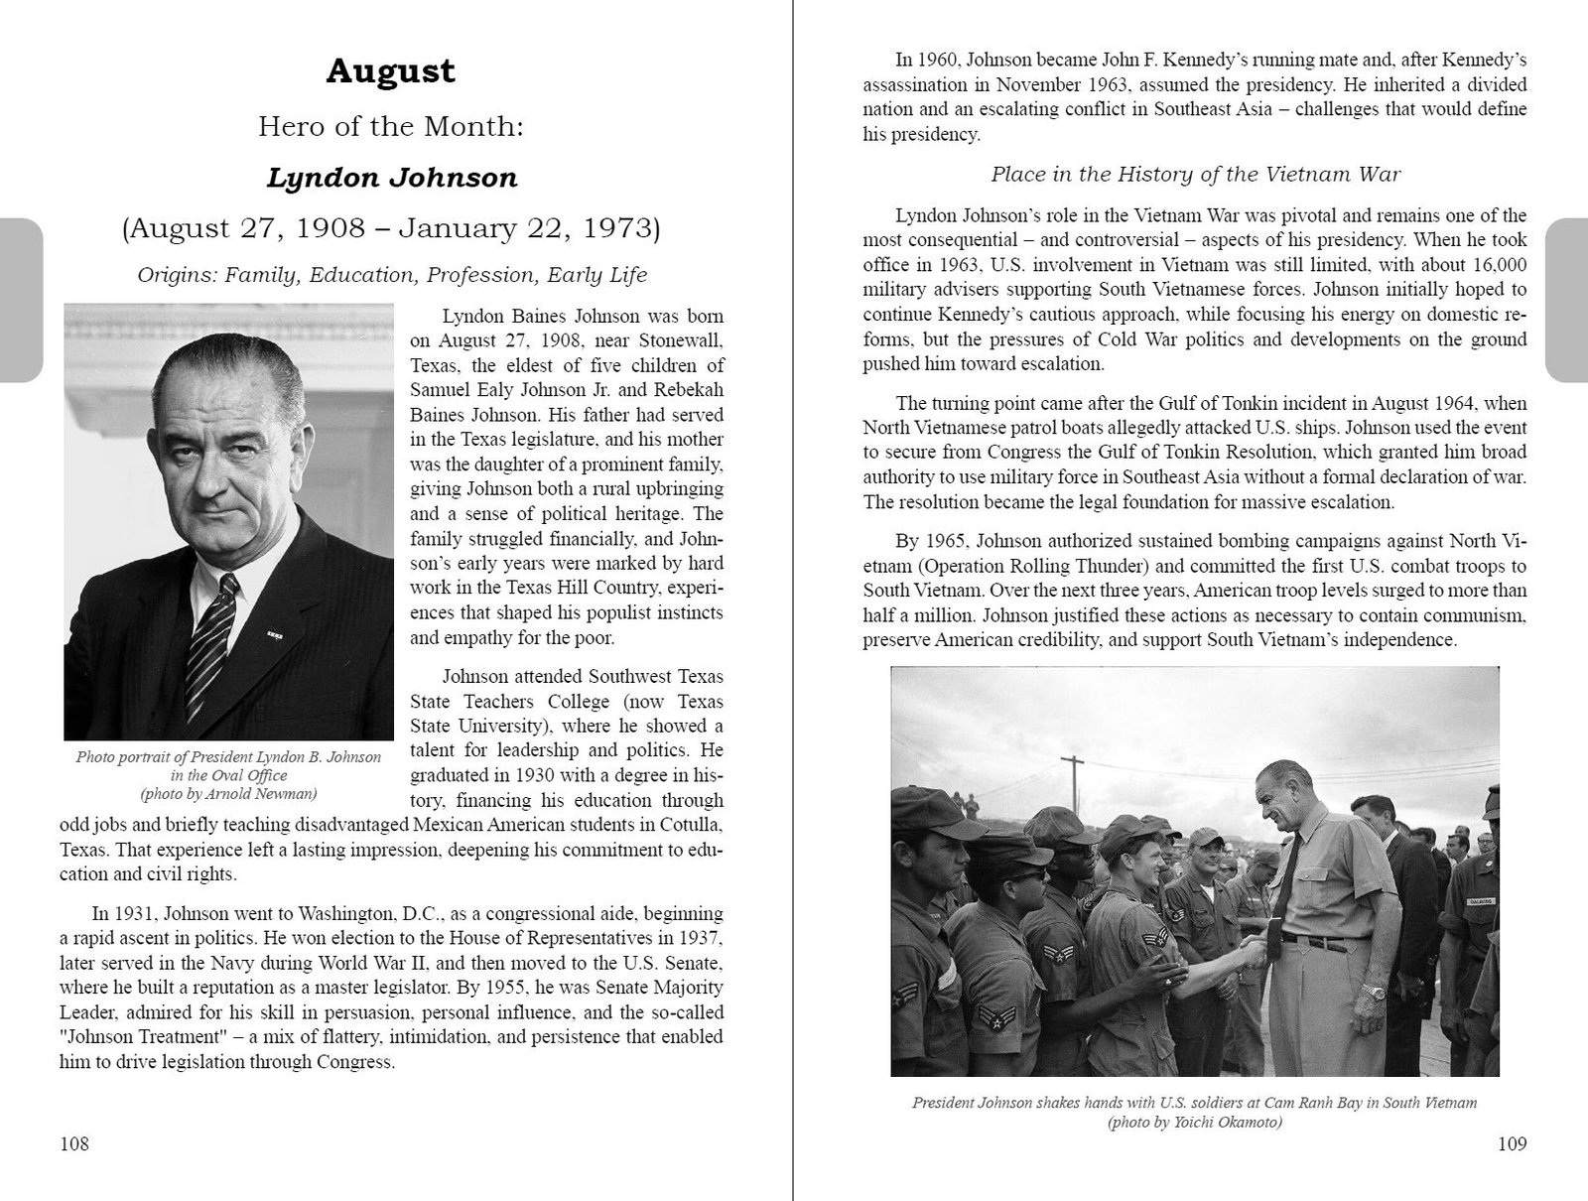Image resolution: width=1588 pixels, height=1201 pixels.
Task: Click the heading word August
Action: point(391,71)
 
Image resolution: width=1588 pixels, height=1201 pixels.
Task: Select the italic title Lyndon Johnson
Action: point(391,179)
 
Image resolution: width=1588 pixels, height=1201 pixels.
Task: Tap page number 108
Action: point(74,1144)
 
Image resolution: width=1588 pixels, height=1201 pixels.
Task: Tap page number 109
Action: point(1512,1144)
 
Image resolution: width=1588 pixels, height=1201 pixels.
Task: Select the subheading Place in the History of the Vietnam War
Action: point(1195,175)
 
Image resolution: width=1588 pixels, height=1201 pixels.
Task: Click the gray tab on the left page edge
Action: point(21,300)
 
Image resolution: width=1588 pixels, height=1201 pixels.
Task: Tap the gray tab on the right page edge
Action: point(1567,300)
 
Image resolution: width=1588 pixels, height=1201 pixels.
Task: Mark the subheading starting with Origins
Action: point(391,275)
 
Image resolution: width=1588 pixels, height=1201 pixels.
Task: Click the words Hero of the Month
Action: point(391,127)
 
